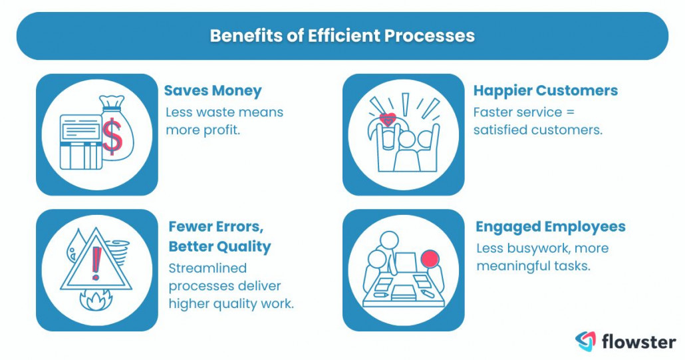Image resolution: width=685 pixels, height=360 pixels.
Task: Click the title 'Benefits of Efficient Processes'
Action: coord(342,35)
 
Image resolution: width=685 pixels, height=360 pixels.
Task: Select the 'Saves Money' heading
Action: coord(213,90)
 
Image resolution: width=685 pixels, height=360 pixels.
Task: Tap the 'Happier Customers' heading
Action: coord(545,90)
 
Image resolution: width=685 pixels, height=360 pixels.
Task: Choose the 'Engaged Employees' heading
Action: coord(550,227)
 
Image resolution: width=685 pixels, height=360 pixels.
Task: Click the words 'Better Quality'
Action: coord(219,247)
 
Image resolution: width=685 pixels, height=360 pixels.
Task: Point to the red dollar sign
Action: coord(113,134)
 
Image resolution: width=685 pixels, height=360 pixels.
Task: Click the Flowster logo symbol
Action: coord(586,341)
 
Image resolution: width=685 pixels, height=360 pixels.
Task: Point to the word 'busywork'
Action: coord(533,248)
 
